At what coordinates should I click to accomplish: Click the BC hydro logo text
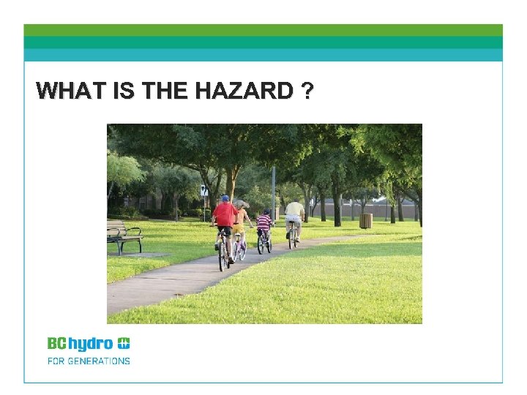coord(81,343)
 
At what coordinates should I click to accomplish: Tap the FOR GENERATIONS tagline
coord(89,361)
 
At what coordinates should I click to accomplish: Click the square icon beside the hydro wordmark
coord(124,343)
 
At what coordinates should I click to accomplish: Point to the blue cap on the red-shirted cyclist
coord(225,198)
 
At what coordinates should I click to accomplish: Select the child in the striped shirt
coord(264,222)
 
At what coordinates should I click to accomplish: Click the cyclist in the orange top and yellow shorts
coord(240,219)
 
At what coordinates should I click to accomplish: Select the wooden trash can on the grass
coord(365,220)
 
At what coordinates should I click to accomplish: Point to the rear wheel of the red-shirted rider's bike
coord(223,256)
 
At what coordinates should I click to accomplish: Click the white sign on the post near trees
coord(203,191)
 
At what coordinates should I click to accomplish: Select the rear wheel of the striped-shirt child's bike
coord(261,244)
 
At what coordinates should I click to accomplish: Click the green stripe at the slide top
coord(263,30)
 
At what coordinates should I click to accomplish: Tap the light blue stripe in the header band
coord(263,56)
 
